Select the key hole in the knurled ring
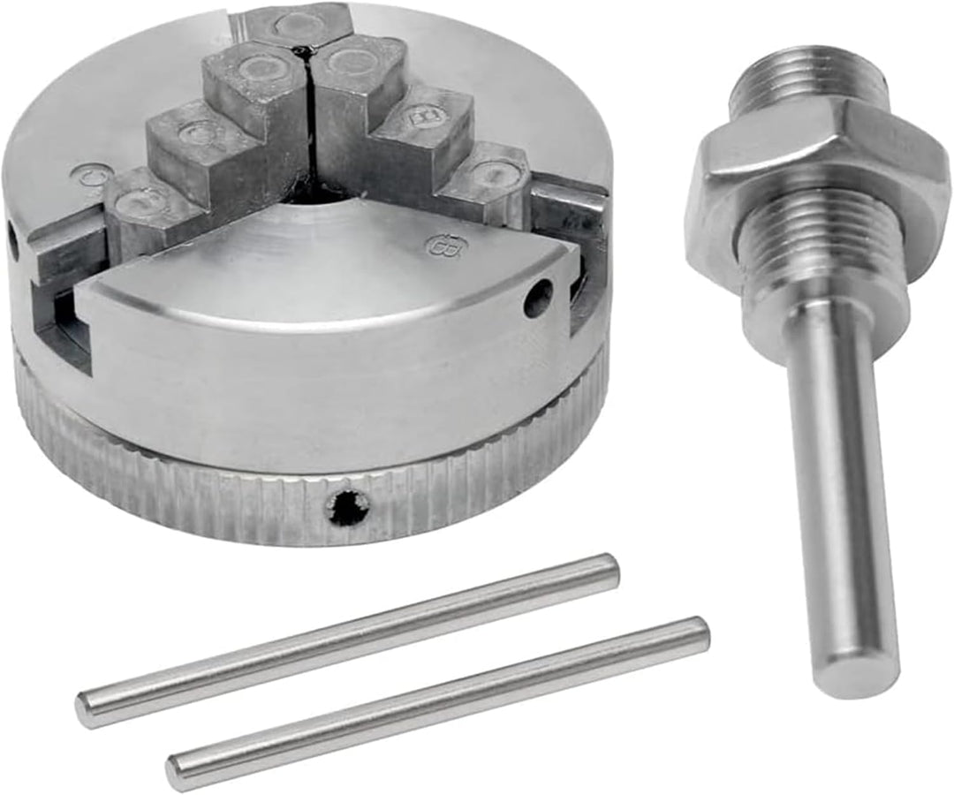point(345,506)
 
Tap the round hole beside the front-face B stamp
point(537,298)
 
